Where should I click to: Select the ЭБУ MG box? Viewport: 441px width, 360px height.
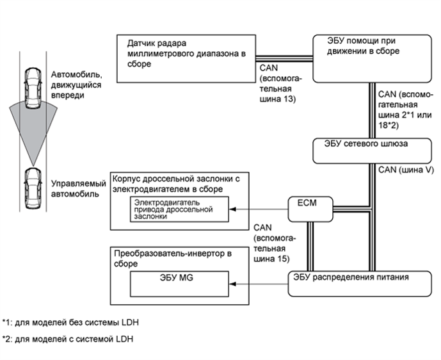[179, 281]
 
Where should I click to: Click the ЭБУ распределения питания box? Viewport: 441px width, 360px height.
[361, 282]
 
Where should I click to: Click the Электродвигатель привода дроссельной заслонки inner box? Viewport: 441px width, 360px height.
[179, 209]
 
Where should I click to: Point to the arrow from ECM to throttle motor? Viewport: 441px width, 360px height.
[260, 209]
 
